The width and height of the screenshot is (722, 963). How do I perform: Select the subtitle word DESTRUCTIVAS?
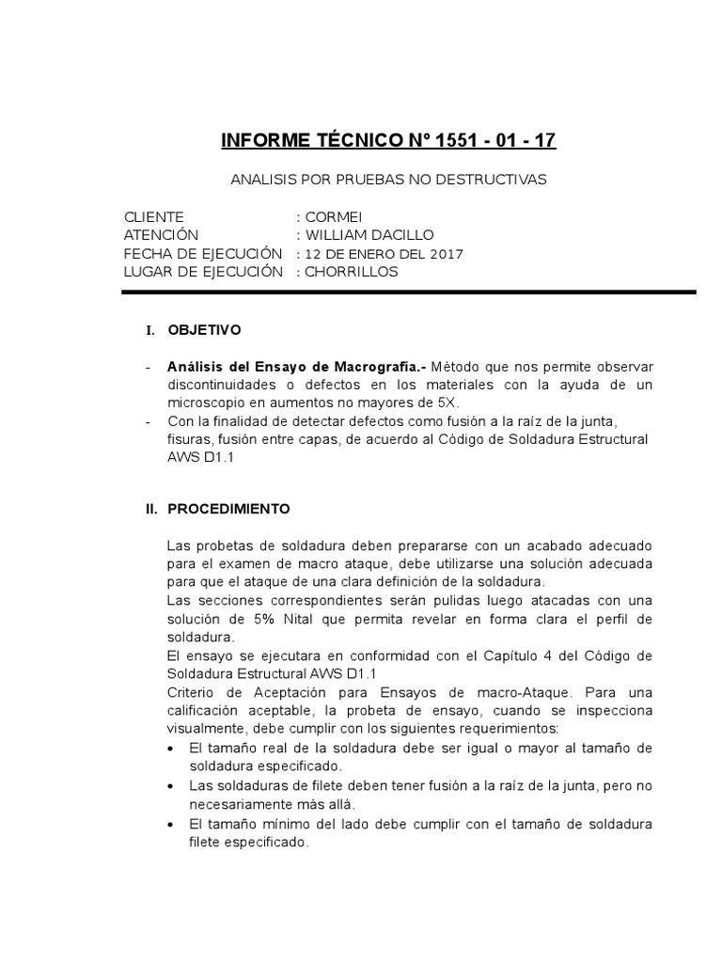(x=494, y=179)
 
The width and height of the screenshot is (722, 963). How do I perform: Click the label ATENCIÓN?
(x=161, y=235)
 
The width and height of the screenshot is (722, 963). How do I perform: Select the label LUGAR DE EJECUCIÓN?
(x=203, y=272)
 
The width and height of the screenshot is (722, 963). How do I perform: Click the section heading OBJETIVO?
(x=204, y=330)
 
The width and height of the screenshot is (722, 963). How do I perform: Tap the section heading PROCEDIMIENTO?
(x=228, y=509)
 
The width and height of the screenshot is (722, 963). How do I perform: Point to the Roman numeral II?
(x=150, y=509)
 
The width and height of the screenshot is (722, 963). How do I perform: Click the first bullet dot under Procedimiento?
(x=169, y=749)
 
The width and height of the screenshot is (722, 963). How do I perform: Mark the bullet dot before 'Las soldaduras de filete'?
(x=169, y=785)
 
